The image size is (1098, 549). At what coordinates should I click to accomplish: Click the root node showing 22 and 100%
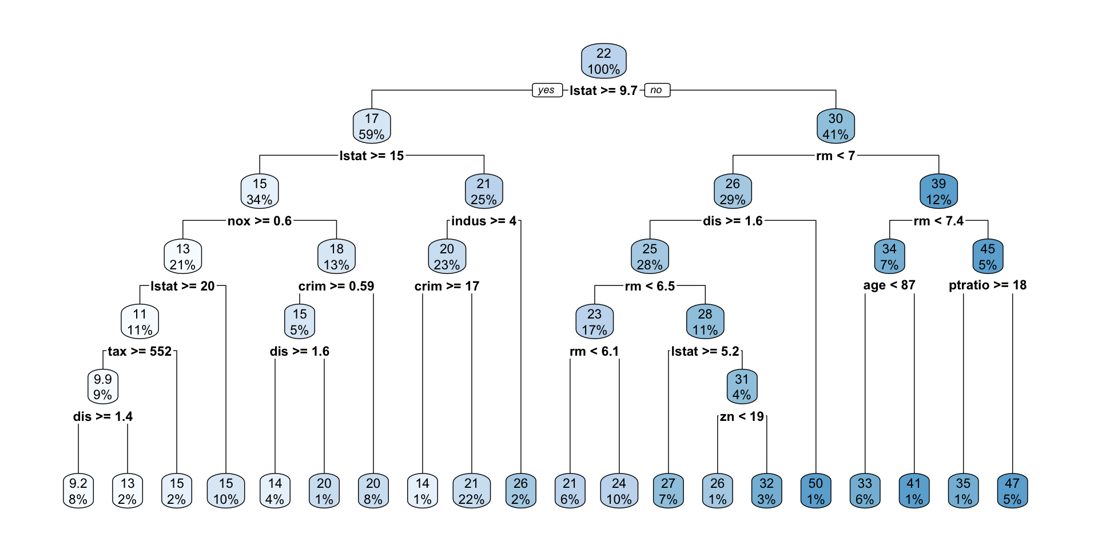[603, 61]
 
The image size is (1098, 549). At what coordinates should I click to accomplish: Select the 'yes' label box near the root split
[546, 90]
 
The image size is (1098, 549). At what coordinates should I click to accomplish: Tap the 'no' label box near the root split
[657, 90]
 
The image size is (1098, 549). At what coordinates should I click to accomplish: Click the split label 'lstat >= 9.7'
[603, 91]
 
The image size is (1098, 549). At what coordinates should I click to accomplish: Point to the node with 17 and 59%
[372, 126]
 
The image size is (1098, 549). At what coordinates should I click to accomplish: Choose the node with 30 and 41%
[836, 126]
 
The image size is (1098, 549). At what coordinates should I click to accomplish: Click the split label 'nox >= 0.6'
[260, 221]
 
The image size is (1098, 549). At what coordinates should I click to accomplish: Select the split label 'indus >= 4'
[484, 221]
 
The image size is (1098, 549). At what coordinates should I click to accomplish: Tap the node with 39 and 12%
[938, 192]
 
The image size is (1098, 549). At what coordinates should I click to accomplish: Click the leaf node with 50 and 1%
[815, 491]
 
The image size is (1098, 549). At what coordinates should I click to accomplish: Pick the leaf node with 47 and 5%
[1012, 491]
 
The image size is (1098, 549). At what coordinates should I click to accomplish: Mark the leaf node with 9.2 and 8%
[78, 491]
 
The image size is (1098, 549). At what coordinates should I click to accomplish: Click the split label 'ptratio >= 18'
[988, 285]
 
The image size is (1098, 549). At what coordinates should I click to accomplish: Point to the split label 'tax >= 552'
[140, 352]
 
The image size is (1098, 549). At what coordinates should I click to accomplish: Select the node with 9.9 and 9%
[103, 387]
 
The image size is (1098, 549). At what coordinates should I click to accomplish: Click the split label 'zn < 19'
[742, 417]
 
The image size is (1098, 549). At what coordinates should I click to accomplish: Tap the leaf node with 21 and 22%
[471, 491]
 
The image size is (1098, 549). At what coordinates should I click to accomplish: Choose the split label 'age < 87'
[889, 285]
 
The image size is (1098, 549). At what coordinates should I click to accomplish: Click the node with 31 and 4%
[742, 387]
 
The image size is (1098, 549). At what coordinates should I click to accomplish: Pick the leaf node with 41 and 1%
[914, 491]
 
